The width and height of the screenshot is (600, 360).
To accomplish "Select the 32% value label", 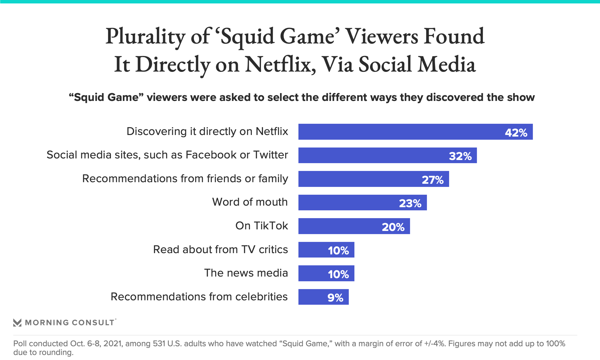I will [460, 156].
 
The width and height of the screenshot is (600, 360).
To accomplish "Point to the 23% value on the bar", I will [410, 203].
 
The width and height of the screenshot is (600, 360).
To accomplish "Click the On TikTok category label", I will [262, 226].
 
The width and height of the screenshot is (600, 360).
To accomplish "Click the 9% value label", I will [335, 297].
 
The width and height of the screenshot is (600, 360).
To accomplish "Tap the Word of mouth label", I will [250, 202].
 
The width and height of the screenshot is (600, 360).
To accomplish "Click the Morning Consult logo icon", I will [17, 322].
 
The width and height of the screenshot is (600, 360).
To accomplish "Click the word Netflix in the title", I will [280, 65].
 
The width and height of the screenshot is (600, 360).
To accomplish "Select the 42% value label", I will [516, 132].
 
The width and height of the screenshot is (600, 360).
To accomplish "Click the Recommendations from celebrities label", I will [199, 297].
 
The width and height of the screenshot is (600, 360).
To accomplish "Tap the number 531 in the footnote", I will [159, 344].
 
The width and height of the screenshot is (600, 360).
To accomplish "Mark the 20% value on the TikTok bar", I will [393, 227].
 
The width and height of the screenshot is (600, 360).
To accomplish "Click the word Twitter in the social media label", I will [271, 155].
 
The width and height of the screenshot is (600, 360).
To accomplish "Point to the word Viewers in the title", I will [382, 37].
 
